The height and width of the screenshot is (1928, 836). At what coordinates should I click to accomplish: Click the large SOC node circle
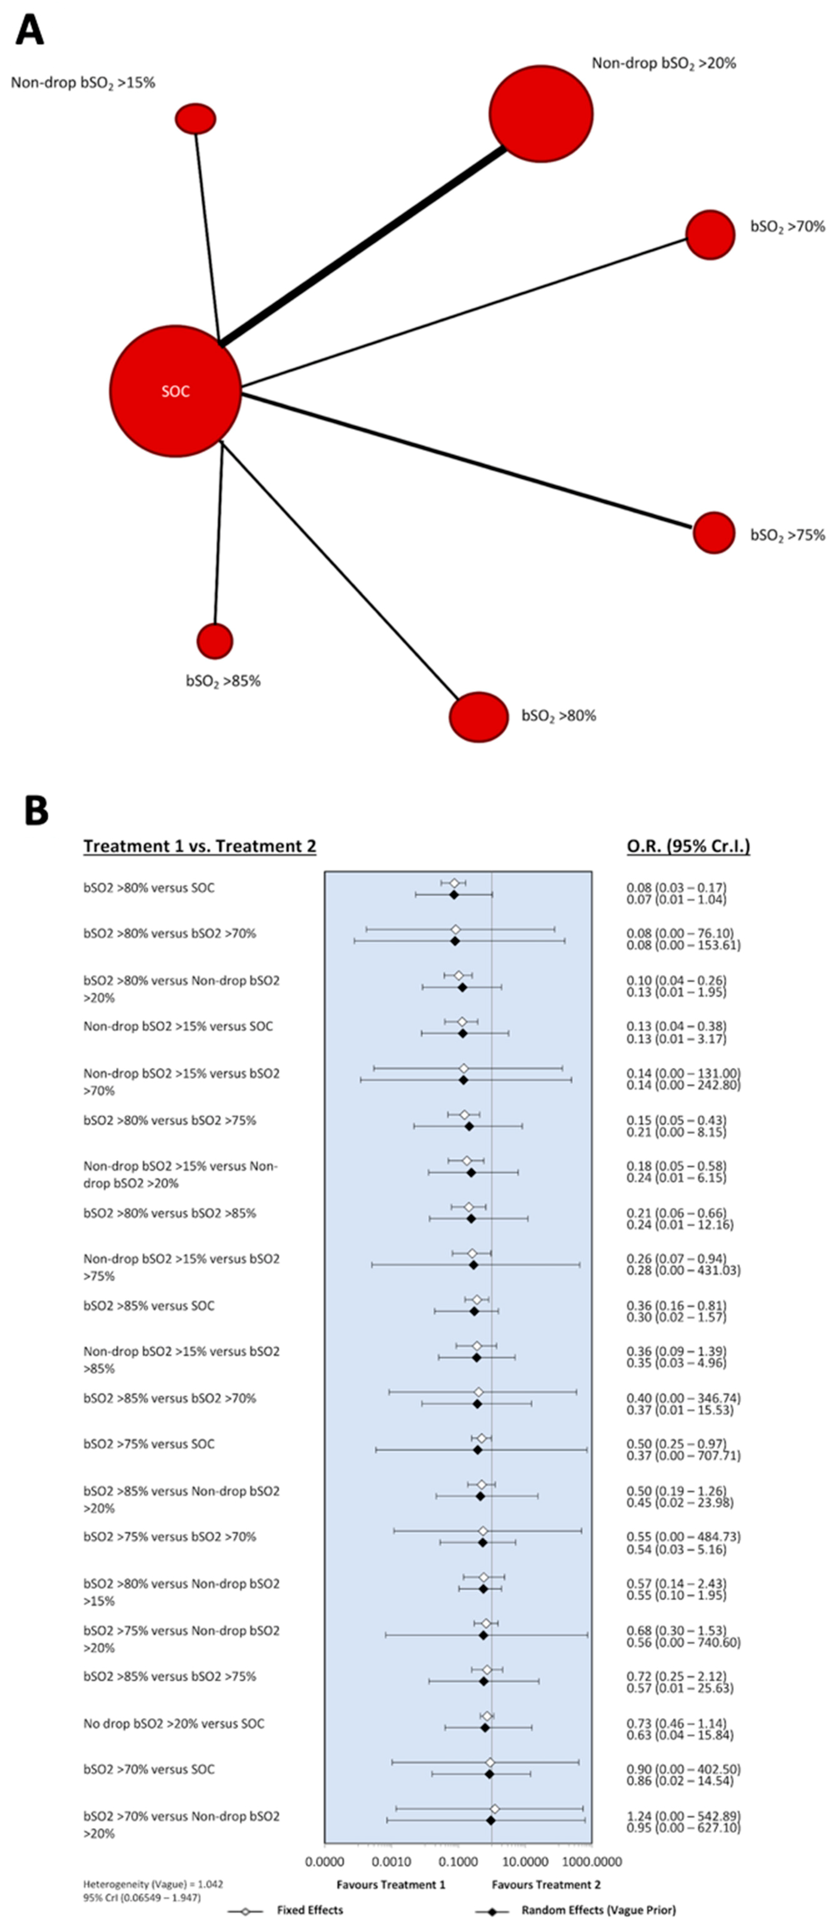175,391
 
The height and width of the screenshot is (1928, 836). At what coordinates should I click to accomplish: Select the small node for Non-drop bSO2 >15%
195,118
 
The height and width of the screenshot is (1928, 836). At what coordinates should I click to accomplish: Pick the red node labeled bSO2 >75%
713,533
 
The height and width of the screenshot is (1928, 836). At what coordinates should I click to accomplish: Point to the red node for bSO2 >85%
215,641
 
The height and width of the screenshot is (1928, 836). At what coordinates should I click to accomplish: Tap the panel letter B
36,810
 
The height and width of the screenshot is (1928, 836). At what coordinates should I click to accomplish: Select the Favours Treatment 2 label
545,1885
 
